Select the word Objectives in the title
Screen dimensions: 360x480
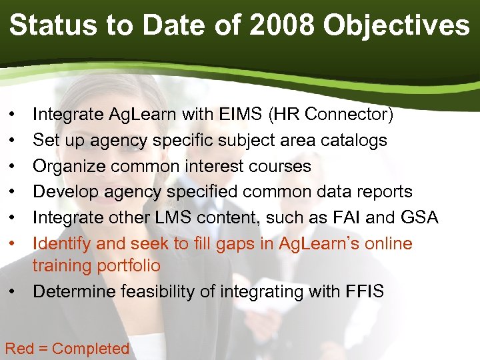point(396,25)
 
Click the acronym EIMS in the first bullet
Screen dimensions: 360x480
point(240,115)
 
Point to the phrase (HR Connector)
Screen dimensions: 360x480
point(330,115)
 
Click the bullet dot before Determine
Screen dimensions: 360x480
point(13,291)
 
